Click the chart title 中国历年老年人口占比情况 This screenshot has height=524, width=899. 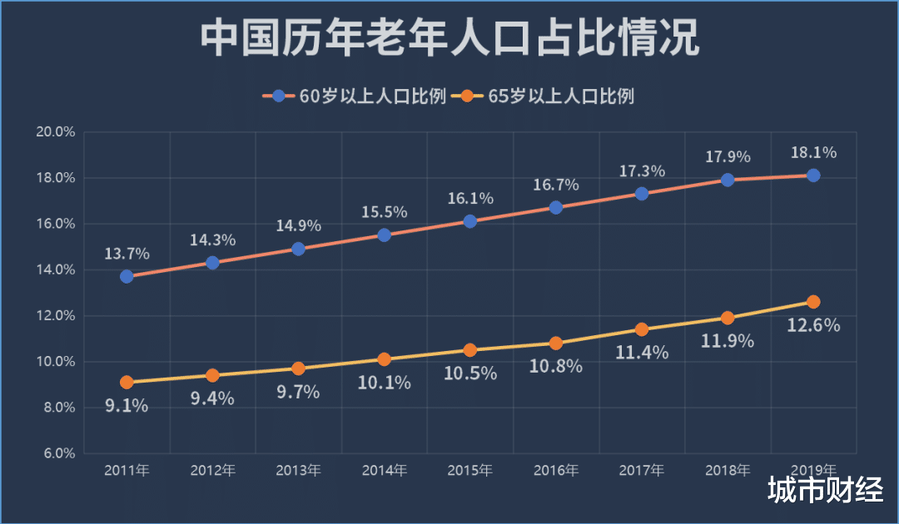(449, 39)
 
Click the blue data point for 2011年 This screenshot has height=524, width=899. (127, 276)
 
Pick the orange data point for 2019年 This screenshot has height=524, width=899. (813, 302)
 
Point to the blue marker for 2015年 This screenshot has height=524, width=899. (469, 221)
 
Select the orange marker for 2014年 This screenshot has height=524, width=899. (384, 359)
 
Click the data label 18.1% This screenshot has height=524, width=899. (813, 153)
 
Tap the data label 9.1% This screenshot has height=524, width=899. (127, 406)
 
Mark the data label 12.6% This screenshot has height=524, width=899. (813, 325)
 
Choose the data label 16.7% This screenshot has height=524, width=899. (556, 185)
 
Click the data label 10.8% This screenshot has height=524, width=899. (556, 365)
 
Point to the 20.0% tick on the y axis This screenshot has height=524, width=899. (56, 132)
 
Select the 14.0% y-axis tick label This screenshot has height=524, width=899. (56, 269)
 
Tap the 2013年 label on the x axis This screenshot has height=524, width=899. (298, 471)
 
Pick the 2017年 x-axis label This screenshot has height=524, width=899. (641, 471)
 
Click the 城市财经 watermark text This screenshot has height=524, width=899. (825, 490)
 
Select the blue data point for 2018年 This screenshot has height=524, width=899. (728, 180)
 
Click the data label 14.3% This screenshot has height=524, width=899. (212, 240)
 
